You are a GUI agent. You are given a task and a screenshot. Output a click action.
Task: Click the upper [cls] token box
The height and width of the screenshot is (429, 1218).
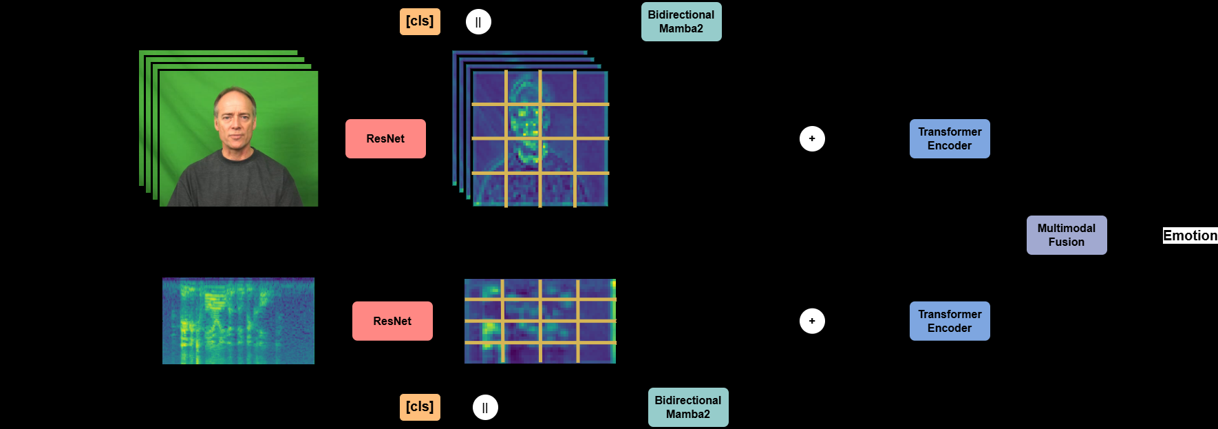tap(420, 21)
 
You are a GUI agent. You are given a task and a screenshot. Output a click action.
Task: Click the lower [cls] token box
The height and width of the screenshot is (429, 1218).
tap(420, 407)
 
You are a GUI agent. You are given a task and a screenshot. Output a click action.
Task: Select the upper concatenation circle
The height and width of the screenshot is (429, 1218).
tap(478, 21)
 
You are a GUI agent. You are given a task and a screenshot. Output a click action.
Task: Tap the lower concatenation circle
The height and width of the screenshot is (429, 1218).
tap(485, 407)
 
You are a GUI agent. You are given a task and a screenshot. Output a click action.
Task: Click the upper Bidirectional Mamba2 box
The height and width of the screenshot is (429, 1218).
tap(681, 21)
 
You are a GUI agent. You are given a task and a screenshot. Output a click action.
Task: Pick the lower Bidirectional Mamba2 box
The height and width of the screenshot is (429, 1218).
tap(688, 407)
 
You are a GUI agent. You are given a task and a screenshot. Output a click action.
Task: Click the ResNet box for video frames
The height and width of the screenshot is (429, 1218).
tap(385, 138)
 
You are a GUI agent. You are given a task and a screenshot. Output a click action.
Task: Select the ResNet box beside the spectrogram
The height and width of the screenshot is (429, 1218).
tap(392, 321)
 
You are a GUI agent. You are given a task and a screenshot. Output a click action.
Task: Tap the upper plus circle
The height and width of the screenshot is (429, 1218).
tap(812, 138)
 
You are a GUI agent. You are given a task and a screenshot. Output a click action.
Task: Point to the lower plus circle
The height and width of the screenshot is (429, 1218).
tap(812, 321)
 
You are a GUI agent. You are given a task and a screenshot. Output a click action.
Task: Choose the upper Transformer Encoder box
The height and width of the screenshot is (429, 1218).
tap(950, 138)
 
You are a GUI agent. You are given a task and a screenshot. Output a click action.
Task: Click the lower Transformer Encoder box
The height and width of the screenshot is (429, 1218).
tap(950, 321)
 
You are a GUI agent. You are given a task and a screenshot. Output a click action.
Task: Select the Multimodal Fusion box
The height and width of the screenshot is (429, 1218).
tap(1067, 235)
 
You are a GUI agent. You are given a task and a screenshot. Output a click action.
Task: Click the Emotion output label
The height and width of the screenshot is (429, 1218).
tap(1190, 236)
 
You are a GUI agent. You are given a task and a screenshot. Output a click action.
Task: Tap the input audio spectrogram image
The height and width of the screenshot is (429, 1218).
tap(238, 321)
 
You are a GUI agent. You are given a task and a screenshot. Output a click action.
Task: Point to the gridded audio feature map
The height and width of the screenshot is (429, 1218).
tap(540, 321)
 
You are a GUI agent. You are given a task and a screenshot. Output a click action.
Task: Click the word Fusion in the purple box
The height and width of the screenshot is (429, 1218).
tap(1067, 242)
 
